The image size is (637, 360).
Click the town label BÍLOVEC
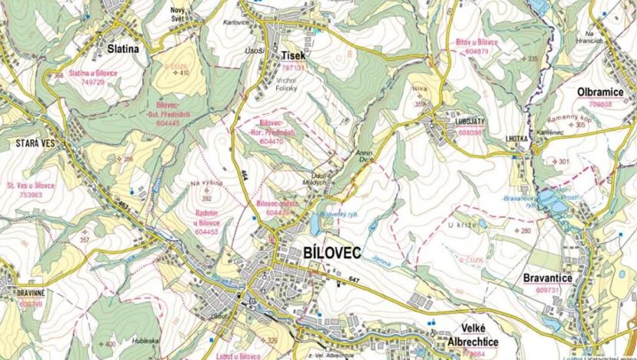coord(332,252)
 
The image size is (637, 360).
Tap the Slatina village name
coord(122,48)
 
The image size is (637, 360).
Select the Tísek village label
coord(293,56)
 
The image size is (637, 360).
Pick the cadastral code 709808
coord(600,103)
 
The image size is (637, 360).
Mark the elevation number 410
coord(184,72)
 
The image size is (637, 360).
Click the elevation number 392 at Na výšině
coord(205,198)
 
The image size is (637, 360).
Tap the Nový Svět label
coord(178,12)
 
